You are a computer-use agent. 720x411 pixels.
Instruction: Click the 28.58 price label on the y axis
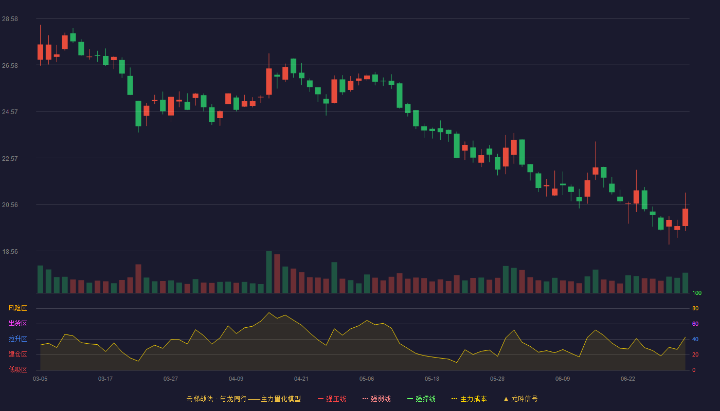pyautogui.click(x=10, y=19)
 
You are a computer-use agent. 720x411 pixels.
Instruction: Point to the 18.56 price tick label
pyautogui.click(x=10, y=251)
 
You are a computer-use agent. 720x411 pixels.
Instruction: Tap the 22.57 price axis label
pyautogui.click(x=10, y=159)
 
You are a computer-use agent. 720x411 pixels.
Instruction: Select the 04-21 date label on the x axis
pyautogui.click(x=301, y=379)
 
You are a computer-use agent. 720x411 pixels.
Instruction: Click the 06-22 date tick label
pyautogui.click(x=628, y=379)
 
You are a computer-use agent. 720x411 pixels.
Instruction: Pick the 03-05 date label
pyautogui.click(x=40, y=379)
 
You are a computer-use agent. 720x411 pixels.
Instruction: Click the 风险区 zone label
pyautogui.click(x=17, y=308)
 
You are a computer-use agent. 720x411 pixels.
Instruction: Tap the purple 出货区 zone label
pyautogui.click(x=17, y=323)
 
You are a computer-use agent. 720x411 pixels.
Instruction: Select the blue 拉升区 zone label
pyautogui.click(x=17, y=339)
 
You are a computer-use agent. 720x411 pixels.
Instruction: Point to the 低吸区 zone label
pyautogui.click(x=17, y=369)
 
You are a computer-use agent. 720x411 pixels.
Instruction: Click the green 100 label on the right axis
pyautogui.click(x=697, y=293)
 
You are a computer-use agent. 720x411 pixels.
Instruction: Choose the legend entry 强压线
pyautogui.click(x=332, y=399)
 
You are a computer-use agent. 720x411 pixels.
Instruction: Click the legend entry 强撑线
pyautogui.click(x=421, y=399)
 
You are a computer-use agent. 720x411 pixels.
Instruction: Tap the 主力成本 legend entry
pyautogui.click(x=469, y=399)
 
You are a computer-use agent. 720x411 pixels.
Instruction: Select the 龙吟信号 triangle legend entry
pyautogui.click(x=520, y=399)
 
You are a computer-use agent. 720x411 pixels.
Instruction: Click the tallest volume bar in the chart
pyautogui.click(x=269, y=272)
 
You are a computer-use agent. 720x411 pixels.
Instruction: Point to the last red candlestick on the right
pyautogui.click(x=685, y=217)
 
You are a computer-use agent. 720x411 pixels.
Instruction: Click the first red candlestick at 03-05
pyautogui.click(x=40, y=52)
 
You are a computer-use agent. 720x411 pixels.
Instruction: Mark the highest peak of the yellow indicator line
pyautogui.click(x=269, y=312)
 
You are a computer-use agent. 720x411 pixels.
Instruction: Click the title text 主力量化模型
pyautogui.click(x=281, y=399)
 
